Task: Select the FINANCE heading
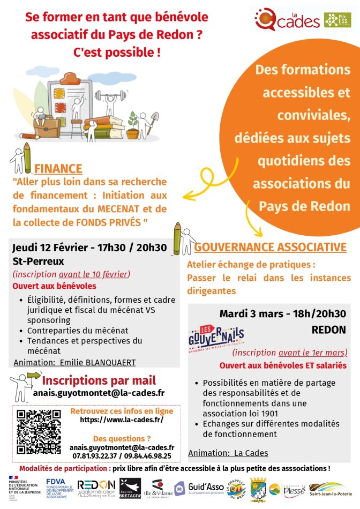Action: tap(58, 169)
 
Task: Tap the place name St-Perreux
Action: tap(38, 261)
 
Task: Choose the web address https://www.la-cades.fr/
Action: tap(122, 420)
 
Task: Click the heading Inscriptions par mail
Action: tap(99, 380)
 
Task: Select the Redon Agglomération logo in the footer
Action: tap(96, 488)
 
